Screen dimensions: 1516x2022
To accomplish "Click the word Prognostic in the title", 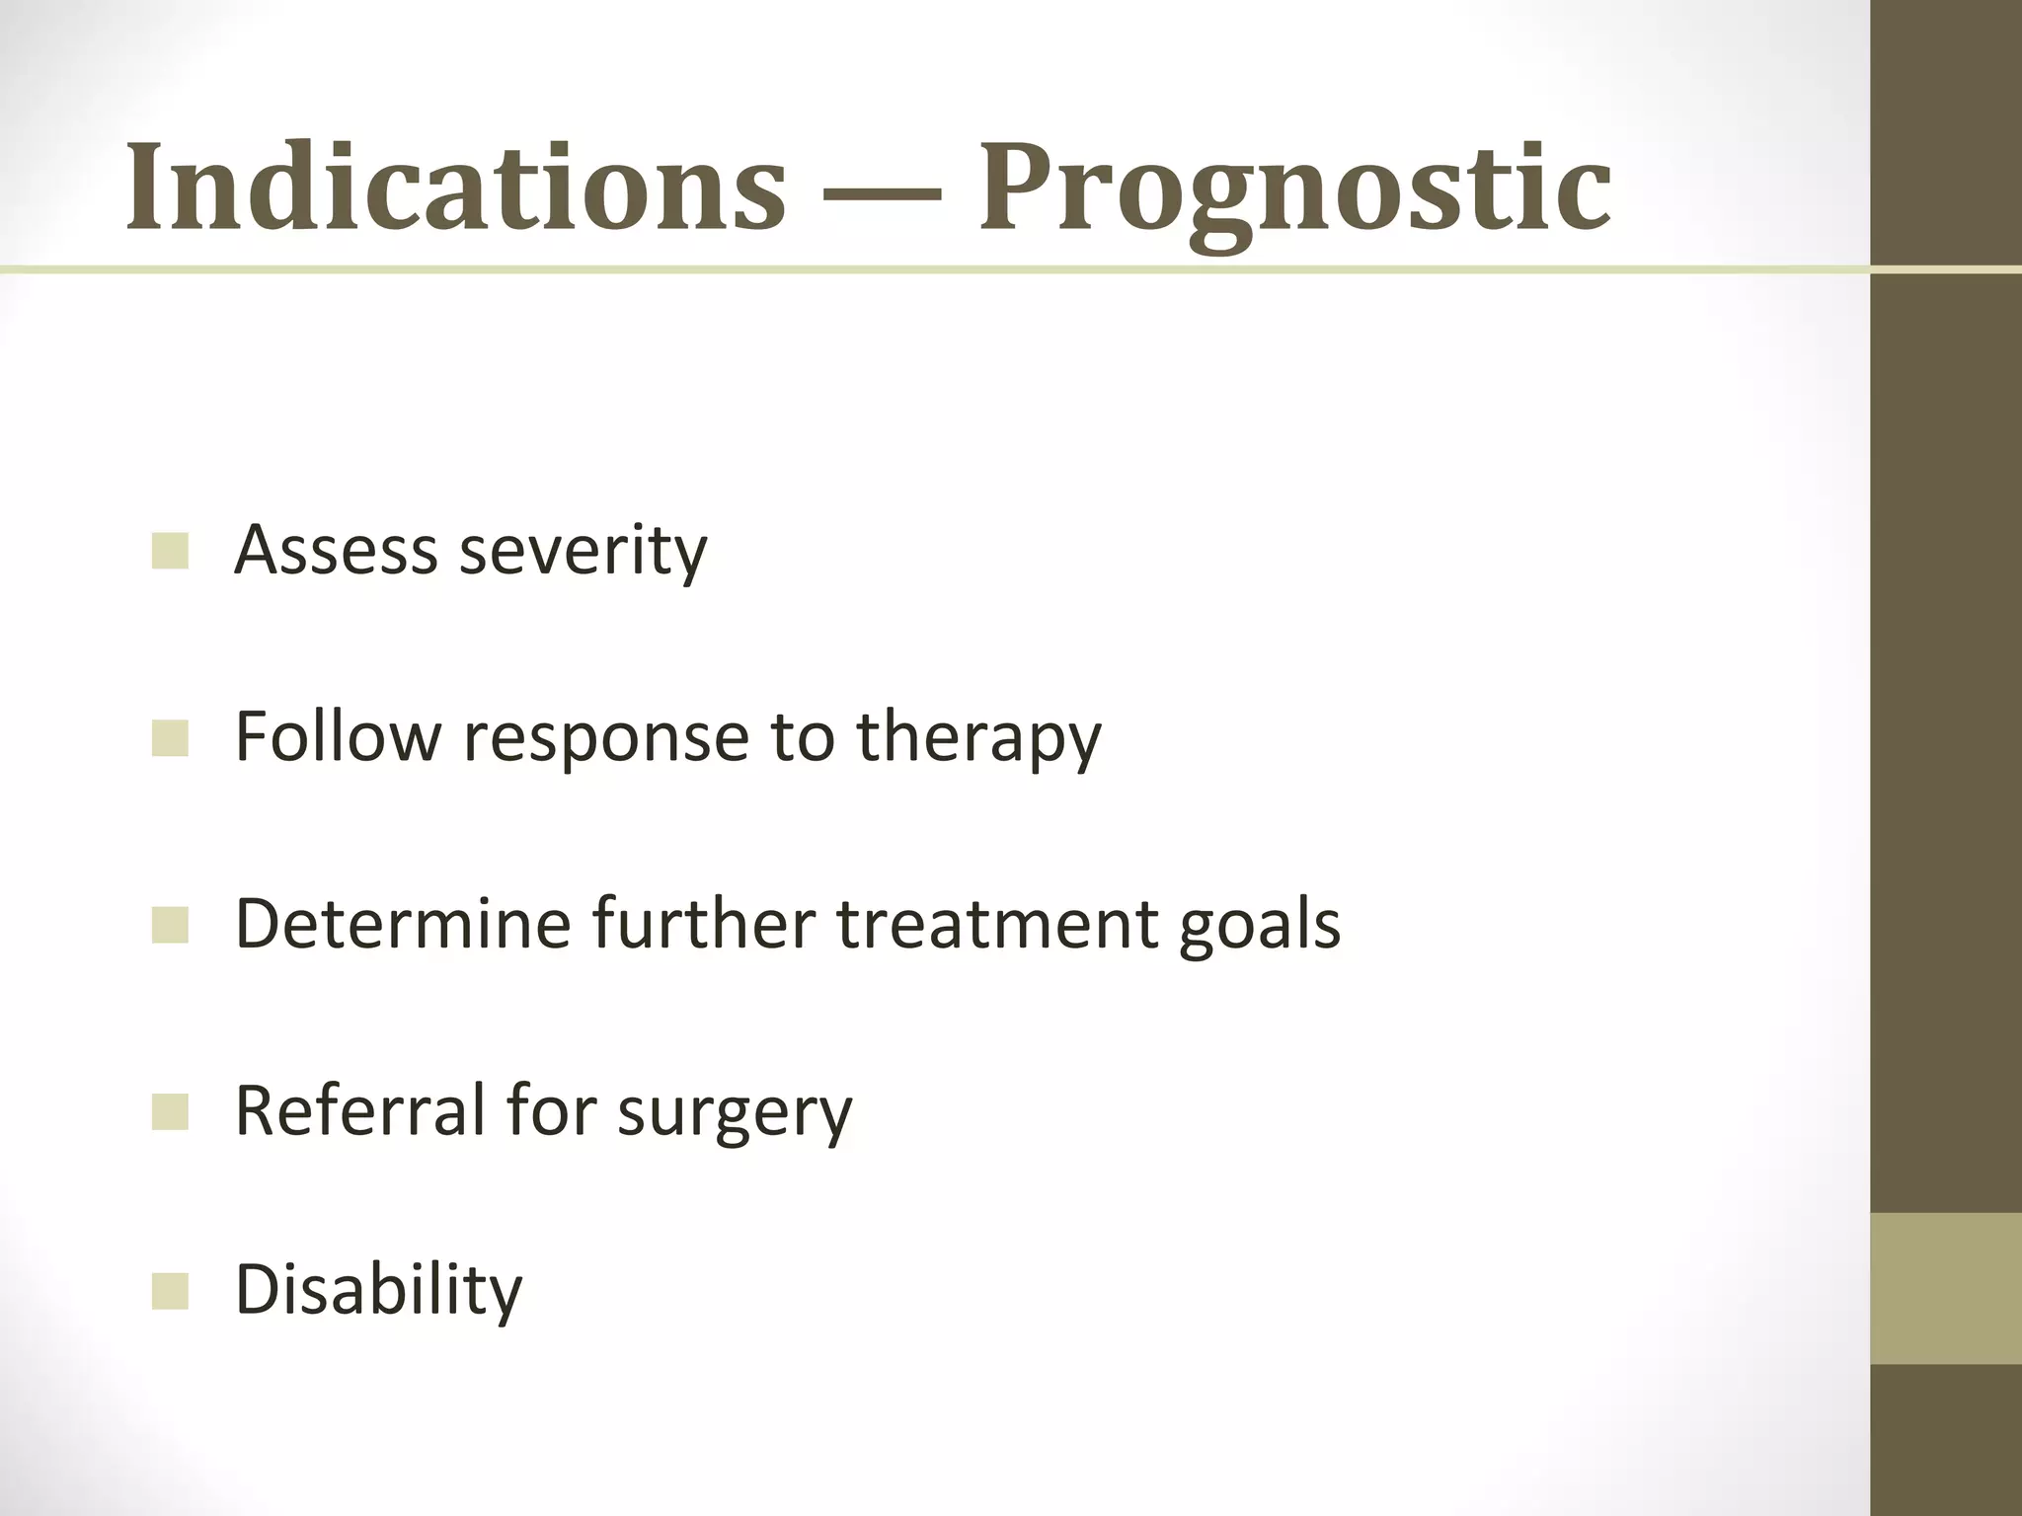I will (x=1294, y=188).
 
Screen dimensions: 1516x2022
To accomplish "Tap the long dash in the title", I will (x=882, y=191).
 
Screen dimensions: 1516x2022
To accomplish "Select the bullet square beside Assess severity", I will (x=170, y=551).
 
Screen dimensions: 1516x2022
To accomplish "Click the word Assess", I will (x=336, y=549).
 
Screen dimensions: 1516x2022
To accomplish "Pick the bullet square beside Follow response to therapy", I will (x=170, y=738).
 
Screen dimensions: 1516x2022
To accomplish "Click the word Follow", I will (x=336, y=736).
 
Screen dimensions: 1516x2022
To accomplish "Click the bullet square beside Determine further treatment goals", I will (x=170, y=926).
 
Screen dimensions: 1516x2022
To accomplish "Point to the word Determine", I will (x=403, y=924).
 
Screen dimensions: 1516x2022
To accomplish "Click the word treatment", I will (x=997, y=924).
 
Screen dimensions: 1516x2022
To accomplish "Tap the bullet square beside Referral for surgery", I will (x=170, y=1111).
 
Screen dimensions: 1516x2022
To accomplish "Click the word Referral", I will (x=360, y=1109).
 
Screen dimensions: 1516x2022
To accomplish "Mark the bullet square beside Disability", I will (x=170, y=1291).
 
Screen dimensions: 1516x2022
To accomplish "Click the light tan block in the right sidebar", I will (x=1946, y=1289).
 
